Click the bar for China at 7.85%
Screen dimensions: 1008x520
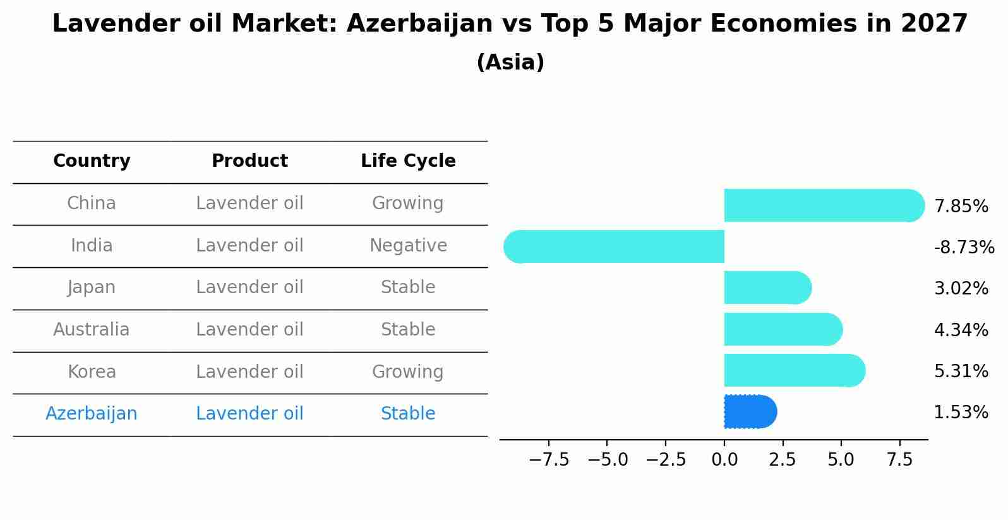tap(824, 205)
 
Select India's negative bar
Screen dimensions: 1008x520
tap(614, 246)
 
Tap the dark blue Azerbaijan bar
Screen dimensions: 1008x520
tap(750, 411)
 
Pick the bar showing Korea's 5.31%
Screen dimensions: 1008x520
tap(795, 370)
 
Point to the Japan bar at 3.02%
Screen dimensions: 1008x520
tap(768, 287)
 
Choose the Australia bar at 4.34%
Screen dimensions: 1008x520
tap(783, 329)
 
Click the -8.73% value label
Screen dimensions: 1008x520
tap(964, 247)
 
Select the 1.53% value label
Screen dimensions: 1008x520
tap(961, 412)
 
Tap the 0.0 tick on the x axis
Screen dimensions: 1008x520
tap(724, 460)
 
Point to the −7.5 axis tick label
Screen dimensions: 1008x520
tap(549, 460)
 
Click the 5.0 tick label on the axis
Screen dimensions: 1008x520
tap(841, 460)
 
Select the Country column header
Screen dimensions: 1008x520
tap(92, 160)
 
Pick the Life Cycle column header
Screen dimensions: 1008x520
tap(408, 160)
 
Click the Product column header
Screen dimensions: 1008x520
tap(249, 160)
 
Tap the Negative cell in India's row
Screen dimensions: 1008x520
tap(408, 245)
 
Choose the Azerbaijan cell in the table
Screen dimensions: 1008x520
tap(92, 413)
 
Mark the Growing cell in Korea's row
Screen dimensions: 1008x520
tap(408, 372)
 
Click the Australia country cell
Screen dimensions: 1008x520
tap(92, 329)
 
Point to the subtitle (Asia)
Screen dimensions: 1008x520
tap(510, 62)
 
